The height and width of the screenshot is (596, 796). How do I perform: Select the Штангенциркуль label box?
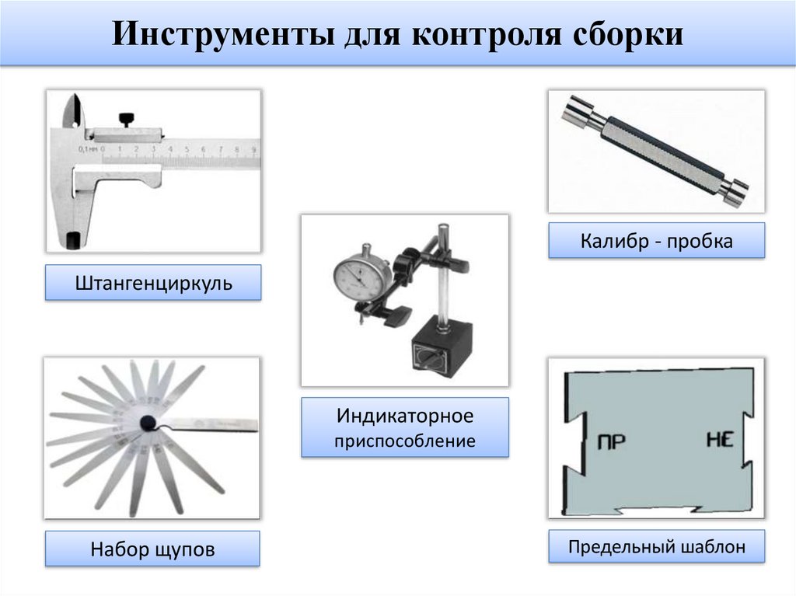click(154, 283)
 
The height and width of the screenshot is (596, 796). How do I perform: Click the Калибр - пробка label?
click(656, 241)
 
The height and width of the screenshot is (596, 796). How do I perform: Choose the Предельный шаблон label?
click(656, 547)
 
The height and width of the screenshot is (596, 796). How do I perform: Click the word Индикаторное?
click(404, 415)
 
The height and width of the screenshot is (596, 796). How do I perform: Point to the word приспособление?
click(404, 442)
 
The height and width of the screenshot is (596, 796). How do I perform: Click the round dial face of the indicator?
click(363, 274)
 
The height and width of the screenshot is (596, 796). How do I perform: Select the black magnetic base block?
click(441, 350)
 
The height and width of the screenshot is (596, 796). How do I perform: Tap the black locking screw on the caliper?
click(127, 119)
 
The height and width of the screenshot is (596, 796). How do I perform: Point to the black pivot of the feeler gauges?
click(148, 423)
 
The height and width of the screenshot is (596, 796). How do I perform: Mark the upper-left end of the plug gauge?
click(576, 110)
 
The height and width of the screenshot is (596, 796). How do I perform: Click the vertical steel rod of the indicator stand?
click(442, 280)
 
